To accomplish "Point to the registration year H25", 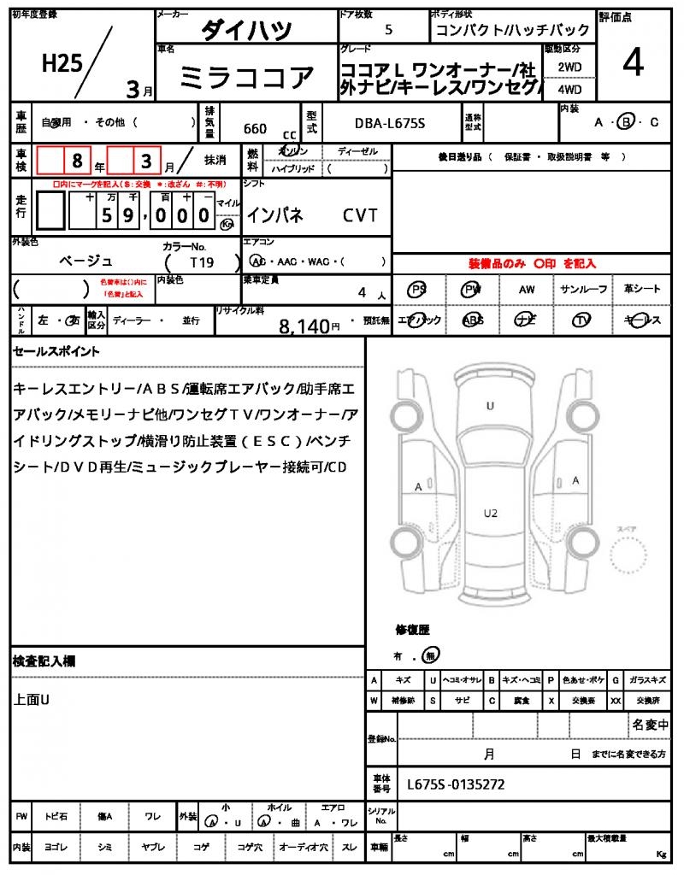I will pos(62,63).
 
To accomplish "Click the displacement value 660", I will pos(255,129).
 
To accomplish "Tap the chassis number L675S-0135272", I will pos(456,783).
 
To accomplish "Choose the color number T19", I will pos(201,261).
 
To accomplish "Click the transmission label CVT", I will pos(360,215).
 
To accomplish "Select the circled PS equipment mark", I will pos(418,290).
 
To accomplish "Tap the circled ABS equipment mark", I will pos(472,320).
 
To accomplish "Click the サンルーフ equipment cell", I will pos(584,290).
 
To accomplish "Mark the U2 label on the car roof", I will pos(490,513).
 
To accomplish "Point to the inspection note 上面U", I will pos(32,700).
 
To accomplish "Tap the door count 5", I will pos(389,30).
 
